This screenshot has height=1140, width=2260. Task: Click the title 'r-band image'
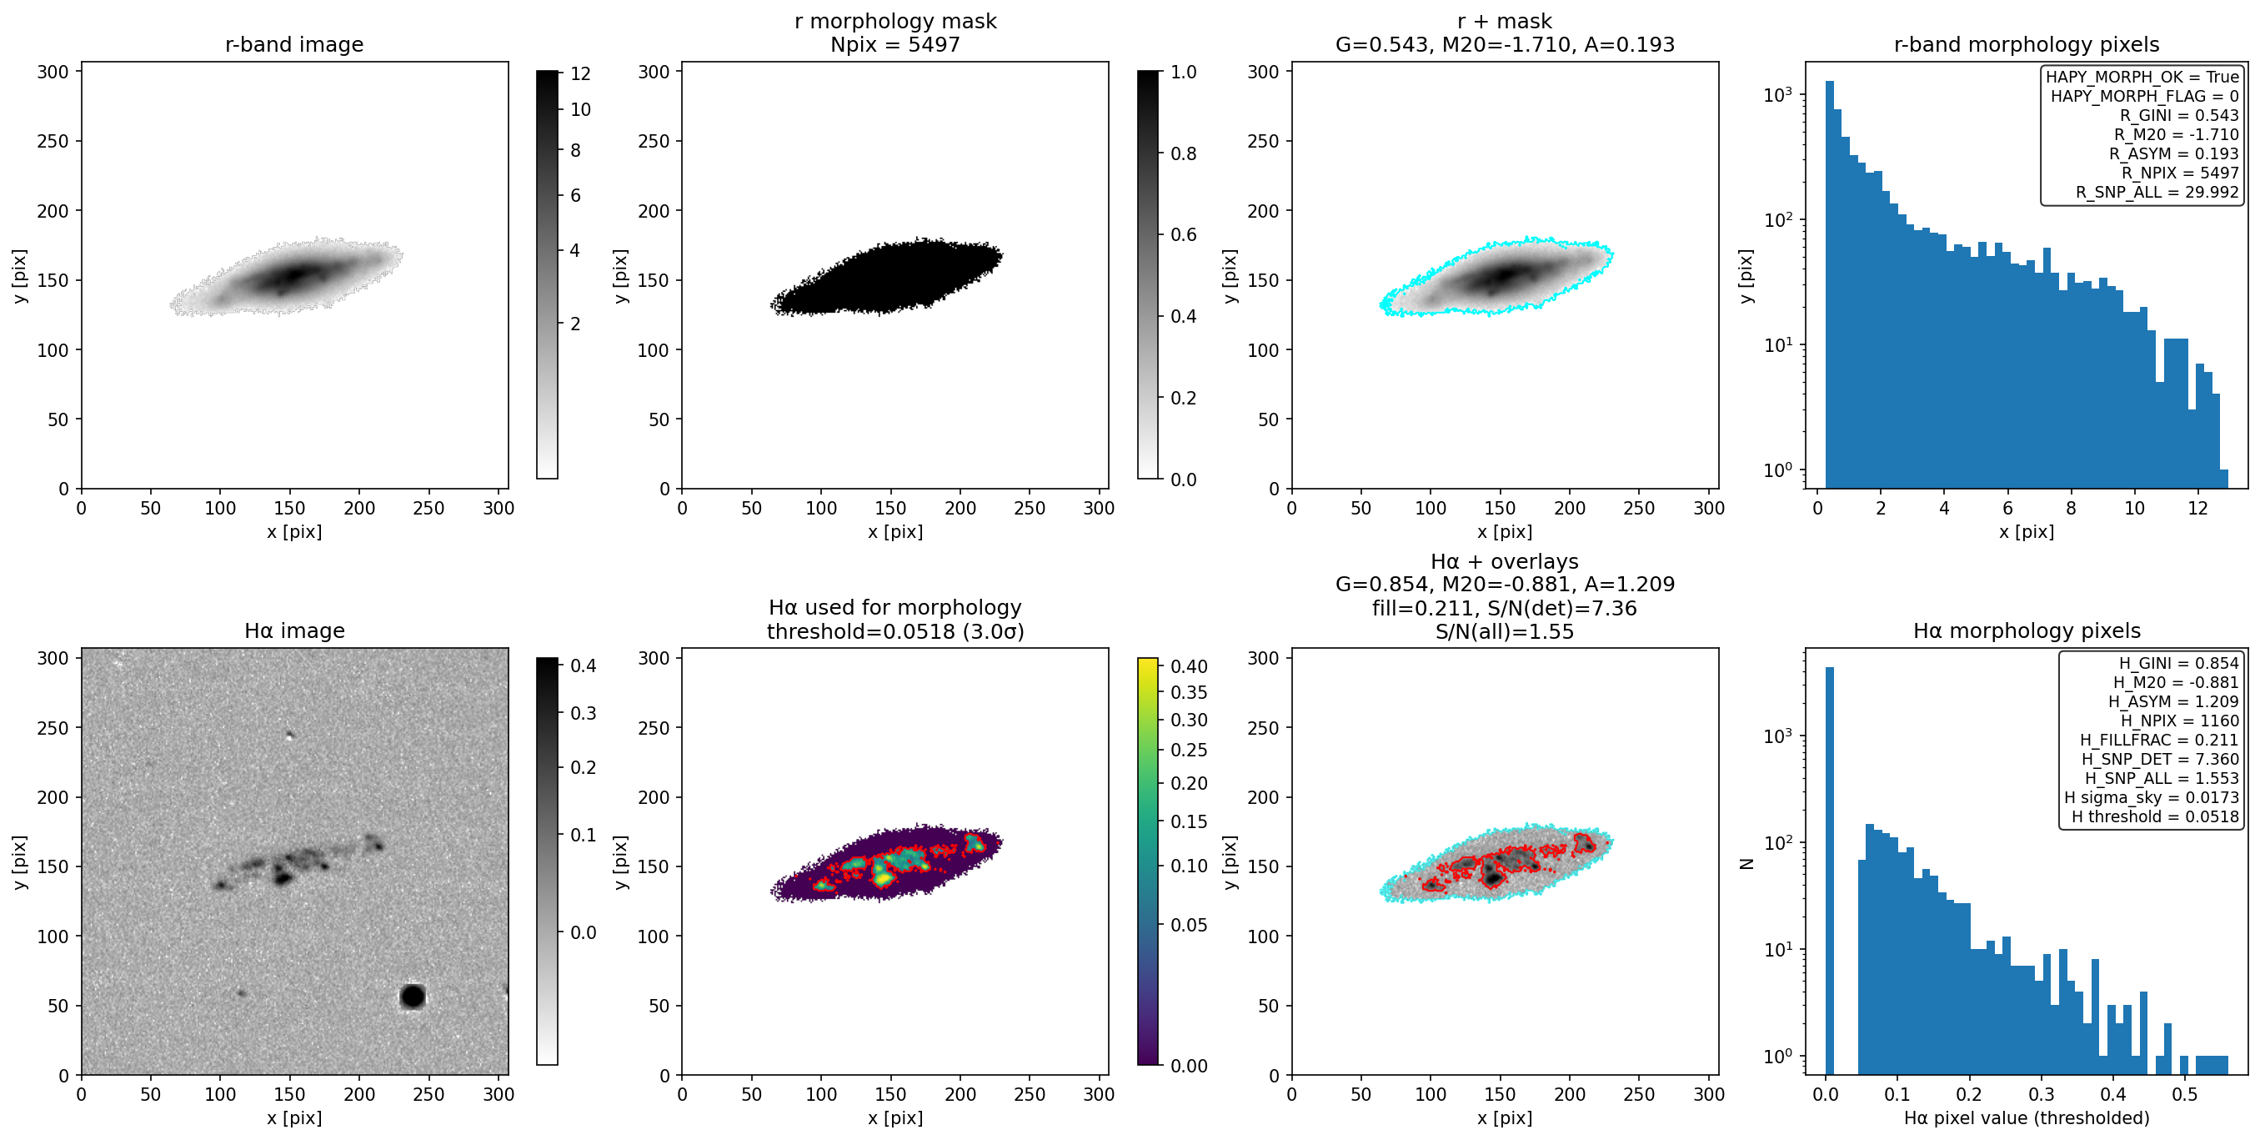(294, 45)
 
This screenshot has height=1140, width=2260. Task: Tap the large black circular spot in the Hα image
(413, 996)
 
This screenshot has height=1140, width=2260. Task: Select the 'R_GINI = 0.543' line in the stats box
(2179, 115)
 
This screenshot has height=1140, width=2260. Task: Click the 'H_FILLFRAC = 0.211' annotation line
(2159, 740)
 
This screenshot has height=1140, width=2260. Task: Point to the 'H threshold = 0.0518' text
(2155, 816)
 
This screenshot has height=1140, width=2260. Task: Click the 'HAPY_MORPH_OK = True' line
(2142, 77)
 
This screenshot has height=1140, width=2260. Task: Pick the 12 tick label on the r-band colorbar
(581, 73)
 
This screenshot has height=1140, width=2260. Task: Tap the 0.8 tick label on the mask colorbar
(1184, 153)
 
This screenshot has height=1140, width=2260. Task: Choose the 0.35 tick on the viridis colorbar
(1189, 692)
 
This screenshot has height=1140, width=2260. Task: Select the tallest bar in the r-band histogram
(1829, 284)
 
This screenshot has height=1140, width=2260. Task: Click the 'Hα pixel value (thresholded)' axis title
(2027, 1118)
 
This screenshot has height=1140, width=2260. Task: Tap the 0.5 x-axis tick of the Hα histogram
(2184, 1094)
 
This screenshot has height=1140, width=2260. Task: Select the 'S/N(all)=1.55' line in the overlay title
(1505, 632)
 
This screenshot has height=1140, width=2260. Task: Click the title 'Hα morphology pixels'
(2027, 631)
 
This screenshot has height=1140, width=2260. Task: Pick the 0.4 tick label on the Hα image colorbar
(584, 666)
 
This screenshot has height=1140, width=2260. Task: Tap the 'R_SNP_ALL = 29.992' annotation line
(2157, 192)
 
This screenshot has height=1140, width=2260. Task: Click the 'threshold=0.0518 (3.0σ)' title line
(894, 632)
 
